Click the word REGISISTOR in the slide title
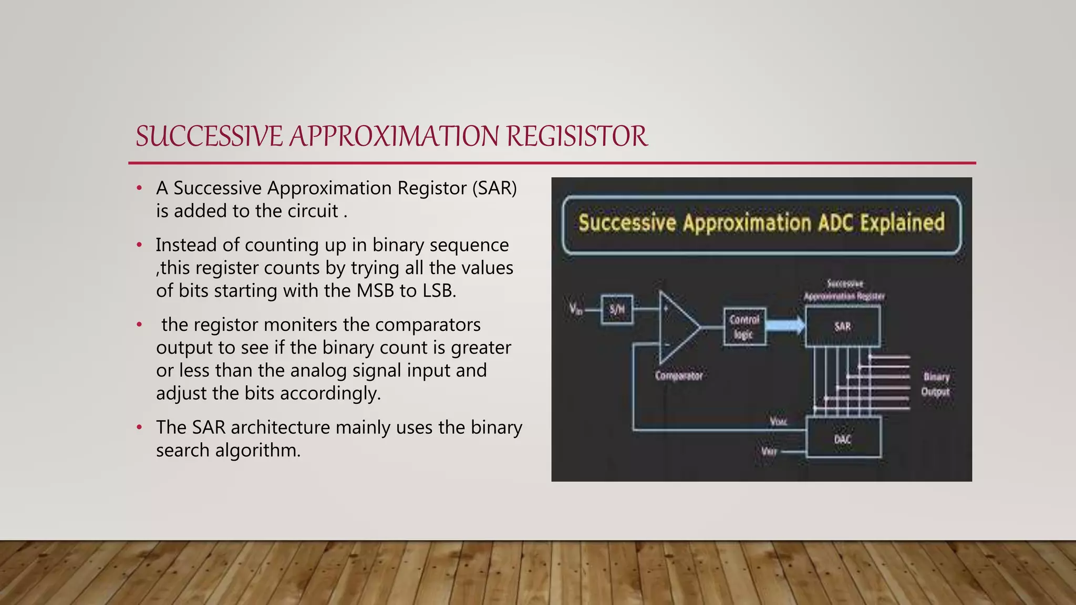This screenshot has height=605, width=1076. pos(576,137)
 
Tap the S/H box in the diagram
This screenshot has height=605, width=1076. pos(617,309)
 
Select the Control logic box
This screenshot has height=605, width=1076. pos(744,327)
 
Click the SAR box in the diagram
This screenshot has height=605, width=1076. pos(842,327)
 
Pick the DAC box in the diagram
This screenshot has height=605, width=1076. pos(842,439)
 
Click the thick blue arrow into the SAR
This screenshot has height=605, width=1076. pos(785,326)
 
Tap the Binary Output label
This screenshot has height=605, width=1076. pos(936,384)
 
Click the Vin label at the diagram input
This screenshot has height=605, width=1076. pos(576,309)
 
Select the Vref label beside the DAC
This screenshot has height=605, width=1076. pos(769,452)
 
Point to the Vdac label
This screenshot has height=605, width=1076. pos(778,422)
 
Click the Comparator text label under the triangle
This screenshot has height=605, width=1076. pos(678,376)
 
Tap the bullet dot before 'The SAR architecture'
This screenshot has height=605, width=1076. pos(139,427)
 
